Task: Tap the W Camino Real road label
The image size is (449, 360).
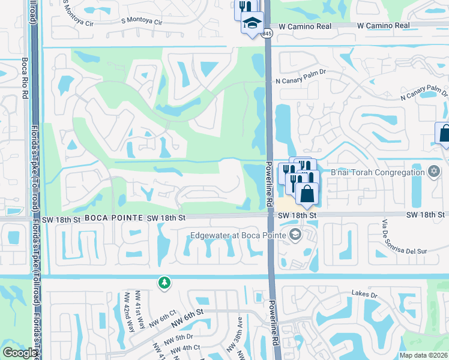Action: pos(383,26)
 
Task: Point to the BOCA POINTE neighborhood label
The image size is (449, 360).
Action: pos(113,218)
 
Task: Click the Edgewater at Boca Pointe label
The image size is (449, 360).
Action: pos(239,235)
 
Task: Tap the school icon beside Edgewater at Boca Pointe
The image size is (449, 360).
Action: pos(295,235)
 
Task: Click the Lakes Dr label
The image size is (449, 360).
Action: pos(364,295)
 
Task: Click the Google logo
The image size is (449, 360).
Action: pos(20,353)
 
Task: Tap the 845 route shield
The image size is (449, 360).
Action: pos(268,34)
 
